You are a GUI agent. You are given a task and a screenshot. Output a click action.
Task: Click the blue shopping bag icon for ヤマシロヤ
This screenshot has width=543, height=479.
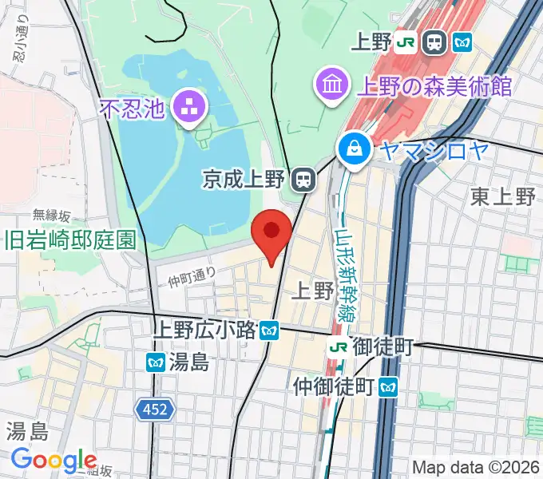[351, 147]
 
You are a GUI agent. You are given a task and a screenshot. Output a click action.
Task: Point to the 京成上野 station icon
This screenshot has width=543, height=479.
[303, 180]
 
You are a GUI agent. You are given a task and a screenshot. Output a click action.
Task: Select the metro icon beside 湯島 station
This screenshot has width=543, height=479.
[156, 362]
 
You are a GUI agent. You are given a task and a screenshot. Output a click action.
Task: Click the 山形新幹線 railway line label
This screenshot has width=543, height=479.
[347, 263]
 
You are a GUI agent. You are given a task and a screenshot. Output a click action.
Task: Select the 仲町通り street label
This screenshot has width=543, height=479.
[192, 276]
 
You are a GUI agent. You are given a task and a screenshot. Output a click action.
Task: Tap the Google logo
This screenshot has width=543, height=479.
[54, 461]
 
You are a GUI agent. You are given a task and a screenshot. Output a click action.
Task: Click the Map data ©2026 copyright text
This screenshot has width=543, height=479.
[475, 468]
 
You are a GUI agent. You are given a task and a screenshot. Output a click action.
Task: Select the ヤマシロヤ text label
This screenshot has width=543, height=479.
[433, 148]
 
